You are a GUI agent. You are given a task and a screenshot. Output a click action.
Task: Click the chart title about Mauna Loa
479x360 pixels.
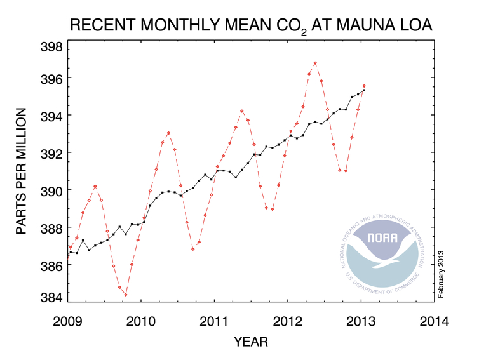click(x=251, y=26)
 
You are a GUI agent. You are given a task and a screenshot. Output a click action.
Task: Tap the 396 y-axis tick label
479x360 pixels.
click(x=51, y=78)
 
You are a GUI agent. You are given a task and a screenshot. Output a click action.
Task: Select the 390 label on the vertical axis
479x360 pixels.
click(x=51, y=190)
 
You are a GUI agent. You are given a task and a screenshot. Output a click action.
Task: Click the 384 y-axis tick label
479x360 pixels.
click(x=51, y=297)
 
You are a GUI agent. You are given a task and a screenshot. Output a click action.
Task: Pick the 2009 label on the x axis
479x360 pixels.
click(x=67, y=321)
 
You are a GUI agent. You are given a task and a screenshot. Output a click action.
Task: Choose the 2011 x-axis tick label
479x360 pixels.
click(x=215, y=321)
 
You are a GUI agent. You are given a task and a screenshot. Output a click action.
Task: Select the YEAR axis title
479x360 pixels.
click(x=251, y=342)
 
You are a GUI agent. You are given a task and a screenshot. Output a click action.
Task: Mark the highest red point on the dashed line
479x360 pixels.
click(x=315, y=63)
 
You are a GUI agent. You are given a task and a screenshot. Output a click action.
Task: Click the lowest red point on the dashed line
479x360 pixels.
click(x=126, y=295)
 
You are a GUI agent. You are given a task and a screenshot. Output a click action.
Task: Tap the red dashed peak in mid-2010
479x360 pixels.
click(x=168, y=133)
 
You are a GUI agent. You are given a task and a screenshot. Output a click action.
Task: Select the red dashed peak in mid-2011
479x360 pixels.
click(x=242, y=111)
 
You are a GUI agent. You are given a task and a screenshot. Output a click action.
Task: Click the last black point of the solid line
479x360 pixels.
click(x=364, y=90)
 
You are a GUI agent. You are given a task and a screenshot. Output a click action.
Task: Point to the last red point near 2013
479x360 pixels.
click(x=364, y=86)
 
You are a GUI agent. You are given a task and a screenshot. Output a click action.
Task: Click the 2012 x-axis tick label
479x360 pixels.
click(x=288, y=321)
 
